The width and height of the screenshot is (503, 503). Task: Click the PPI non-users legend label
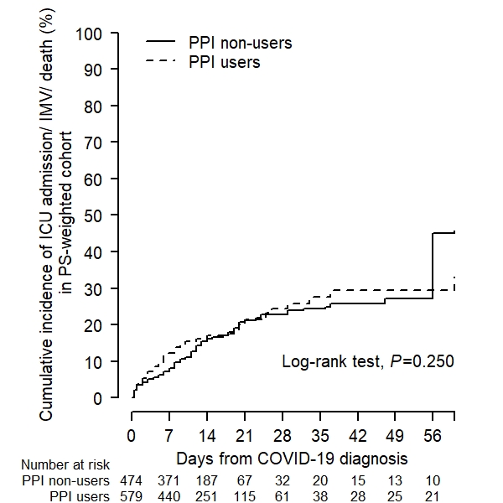pos(241,42)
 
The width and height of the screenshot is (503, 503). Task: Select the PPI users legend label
pos(224,62)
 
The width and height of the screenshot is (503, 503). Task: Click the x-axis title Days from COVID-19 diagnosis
pos(292,459)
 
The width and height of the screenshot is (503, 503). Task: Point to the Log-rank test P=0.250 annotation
pos(367,362)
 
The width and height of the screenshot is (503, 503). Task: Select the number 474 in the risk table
pos(132,480)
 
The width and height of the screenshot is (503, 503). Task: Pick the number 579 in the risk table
pos(132,496)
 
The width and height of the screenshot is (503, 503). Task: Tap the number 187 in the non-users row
pos(207,480)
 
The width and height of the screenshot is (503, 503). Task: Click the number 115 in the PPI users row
pos(245,496)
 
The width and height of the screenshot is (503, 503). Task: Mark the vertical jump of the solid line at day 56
pos(433,265)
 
